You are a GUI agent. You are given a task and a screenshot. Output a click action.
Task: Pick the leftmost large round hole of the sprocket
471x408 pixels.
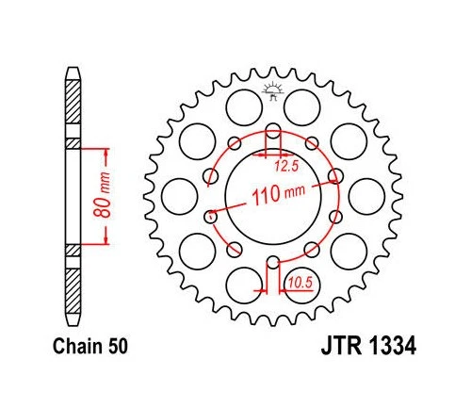[x=176, y=195]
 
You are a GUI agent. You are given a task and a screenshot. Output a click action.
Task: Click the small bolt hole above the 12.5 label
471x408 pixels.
[x=273, y=130]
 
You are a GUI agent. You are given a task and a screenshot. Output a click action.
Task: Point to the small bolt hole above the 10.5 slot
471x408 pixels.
[x=273, y=262]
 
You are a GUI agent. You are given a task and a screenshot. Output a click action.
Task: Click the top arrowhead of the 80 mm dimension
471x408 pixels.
[x=105, y=149]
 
